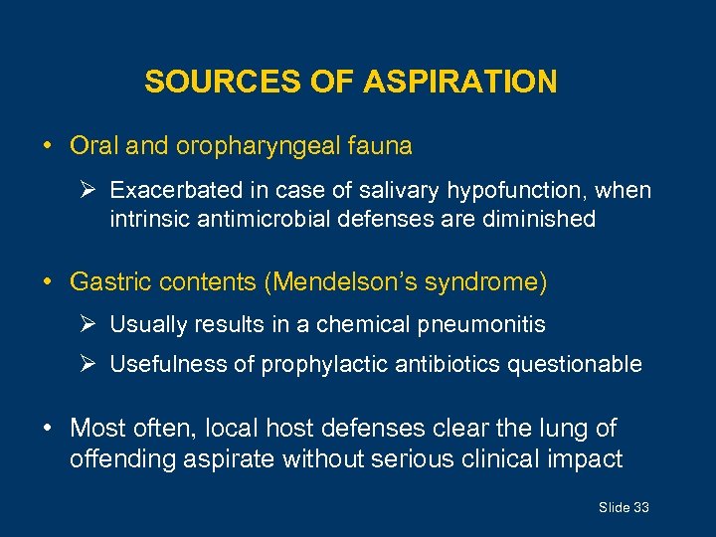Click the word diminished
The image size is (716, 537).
(538, 219)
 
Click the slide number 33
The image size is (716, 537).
(640, 508)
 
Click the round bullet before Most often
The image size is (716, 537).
(49, 429)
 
